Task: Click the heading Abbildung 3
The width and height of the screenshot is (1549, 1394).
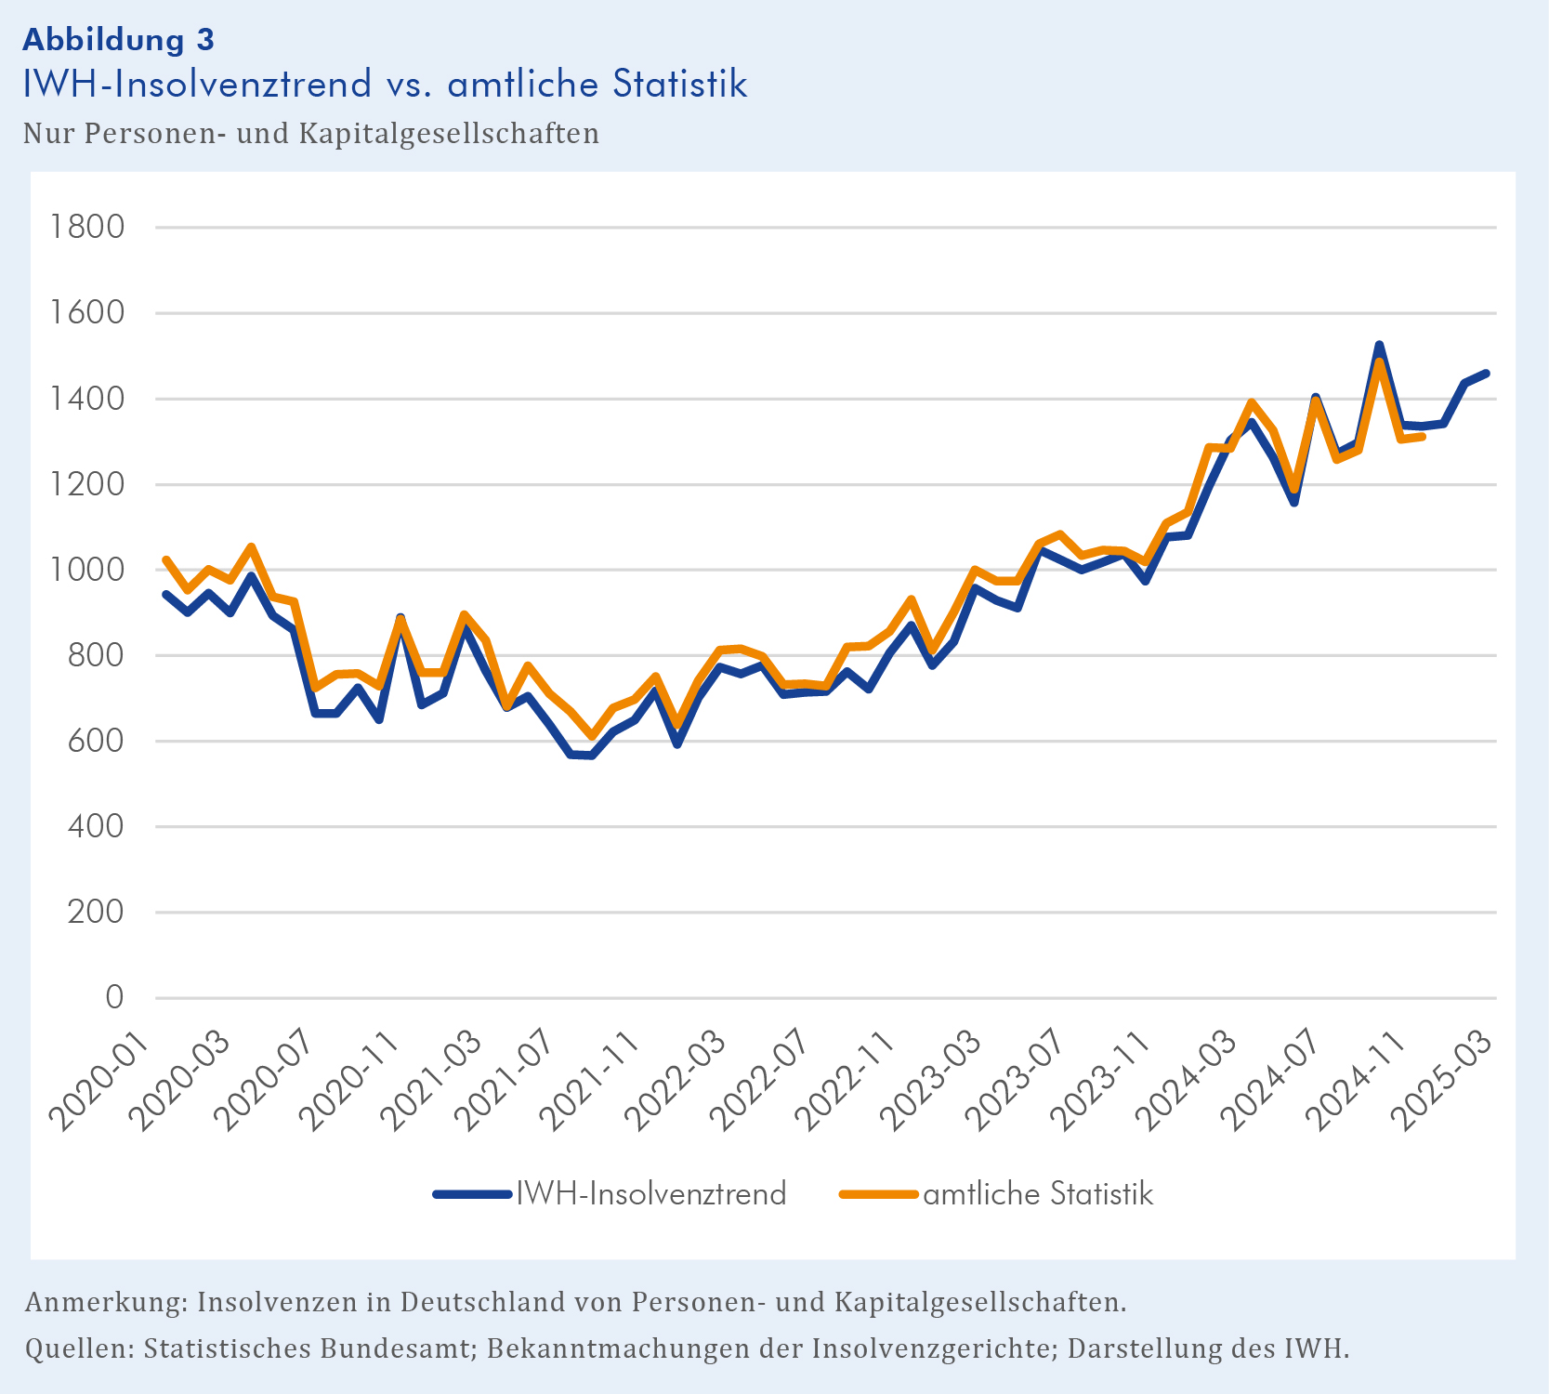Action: coord(118,39)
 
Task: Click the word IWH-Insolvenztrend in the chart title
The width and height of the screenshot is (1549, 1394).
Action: coord(197,84)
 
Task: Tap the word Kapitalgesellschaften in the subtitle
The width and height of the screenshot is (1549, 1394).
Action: coord(449,134)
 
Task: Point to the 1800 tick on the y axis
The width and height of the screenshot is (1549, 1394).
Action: coord(87,227)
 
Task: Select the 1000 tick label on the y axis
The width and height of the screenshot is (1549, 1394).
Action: coord(87,570)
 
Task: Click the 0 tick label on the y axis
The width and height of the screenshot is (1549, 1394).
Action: coord(113,997)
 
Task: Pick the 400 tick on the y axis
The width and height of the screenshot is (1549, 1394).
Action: coord(96,826)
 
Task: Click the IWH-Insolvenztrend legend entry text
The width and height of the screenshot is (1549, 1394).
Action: coord(650,1193)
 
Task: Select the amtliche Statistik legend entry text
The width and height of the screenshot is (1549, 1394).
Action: coord(1038,1193)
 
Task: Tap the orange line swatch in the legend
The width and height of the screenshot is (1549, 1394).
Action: coord(878,1194)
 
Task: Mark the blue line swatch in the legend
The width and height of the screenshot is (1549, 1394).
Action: coord(472,1194)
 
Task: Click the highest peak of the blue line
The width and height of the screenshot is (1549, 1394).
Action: coord(1379,346)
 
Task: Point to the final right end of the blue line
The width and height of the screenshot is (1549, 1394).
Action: coord(1487,374)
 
